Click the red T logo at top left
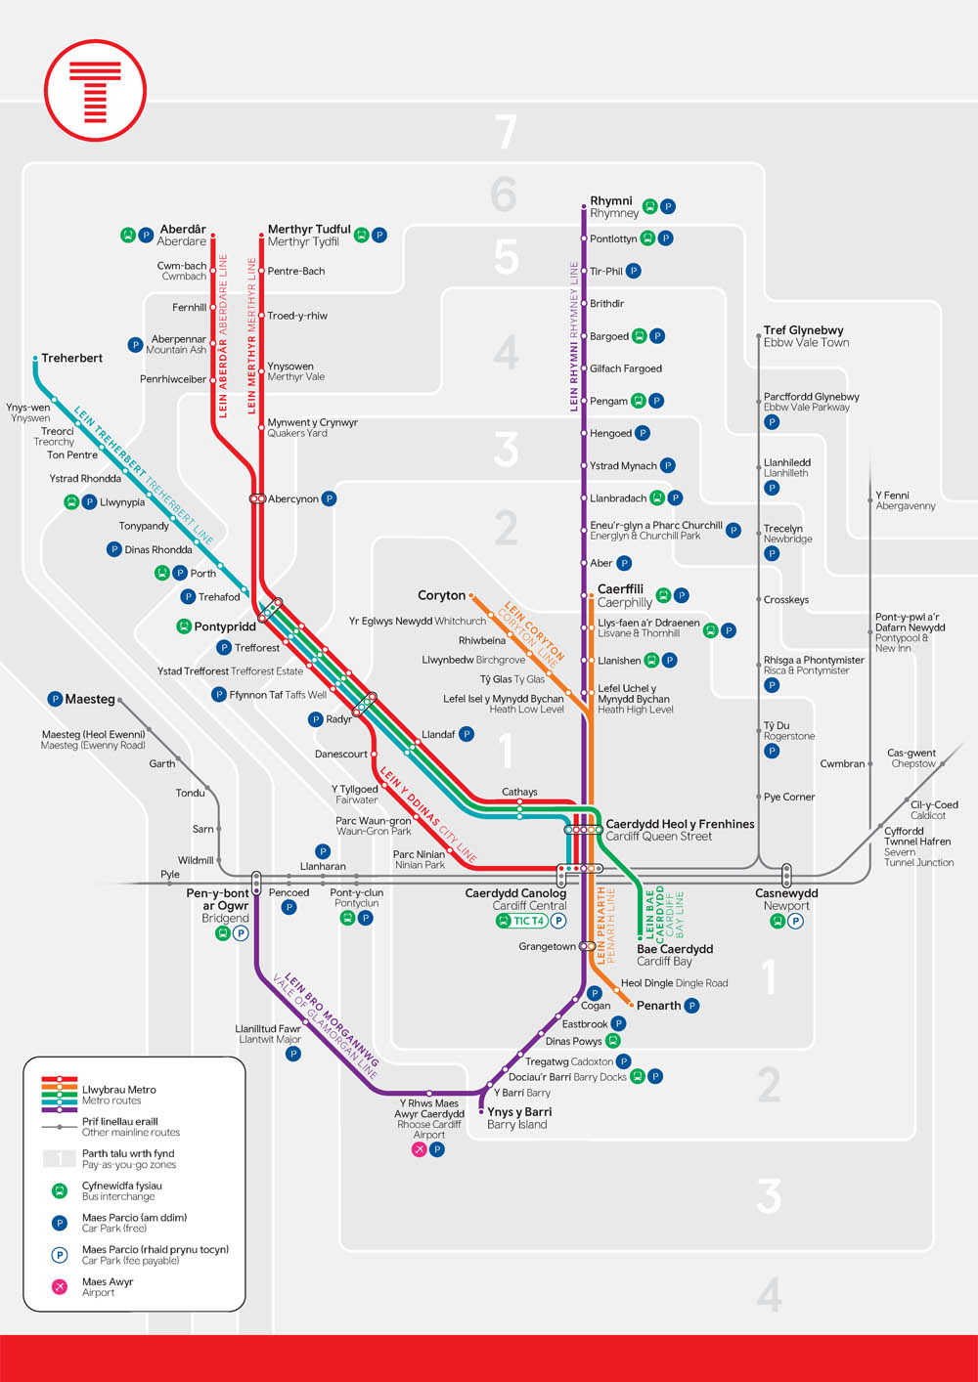point(95,91)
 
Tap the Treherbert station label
point(71,358)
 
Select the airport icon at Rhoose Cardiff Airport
point(419,1149)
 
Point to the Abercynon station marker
point(257,498)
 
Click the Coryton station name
point(441,595)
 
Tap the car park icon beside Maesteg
point(55,699)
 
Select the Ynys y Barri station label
point(519,1112)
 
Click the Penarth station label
point(658,1006)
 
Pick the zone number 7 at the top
point(505,133)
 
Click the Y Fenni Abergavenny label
point(906,500)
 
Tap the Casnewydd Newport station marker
point(786,875)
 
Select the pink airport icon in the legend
point(60,1286)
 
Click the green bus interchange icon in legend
point(60,1190)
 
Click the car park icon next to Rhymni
point(668,206)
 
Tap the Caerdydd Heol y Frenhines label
point(680,824)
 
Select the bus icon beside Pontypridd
point(183,626)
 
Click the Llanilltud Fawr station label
point(268,1029)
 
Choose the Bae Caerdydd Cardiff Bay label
point(675,949)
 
